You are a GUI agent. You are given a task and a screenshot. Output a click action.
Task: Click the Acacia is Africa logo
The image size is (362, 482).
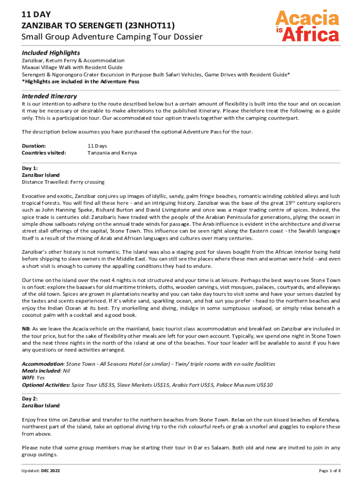point(307,26)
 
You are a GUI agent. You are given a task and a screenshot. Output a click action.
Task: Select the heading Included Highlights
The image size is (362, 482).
point(51,52)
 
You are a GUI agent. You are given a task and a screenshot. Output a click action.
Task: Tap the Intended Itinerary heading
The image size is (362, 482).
point(49,96)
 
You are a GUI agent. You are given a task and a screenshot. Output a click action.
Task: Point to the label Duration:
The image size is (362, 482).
point(34,146)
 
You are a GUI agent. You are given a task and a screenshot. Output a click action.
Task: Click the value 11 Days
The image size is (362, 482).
point(97,146)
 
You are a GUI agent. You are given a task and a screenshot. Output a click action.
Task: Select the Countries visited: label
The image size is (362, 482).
point(44,153)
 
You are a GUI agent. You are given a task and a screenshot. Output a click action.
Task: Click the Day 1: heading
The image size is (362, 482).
point(30,168)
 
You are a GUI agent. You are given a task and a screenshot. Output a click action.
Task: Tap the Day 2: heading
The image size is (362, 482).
point(30,398)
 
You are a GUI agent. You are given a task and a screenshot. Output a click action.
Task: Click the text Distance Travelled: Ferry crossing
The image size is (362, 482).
point(63,182)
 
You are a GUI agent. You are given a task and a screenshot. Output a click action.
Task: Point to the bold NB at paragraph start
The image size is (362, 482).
point(26,328)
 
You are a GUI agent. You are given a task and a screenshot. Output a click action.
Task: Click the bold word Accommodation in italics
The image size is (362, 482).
point(43,364)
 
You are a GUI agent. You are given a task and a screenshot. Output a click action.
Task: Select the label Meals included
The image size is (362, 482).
point(41,370)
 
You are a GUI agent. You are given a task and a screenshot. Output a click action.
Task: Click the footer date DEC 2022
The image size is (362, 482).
point(51,471)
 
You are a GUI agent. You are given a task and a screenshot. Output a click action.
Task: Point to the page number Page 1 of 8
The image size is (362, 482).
point(330,471)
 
